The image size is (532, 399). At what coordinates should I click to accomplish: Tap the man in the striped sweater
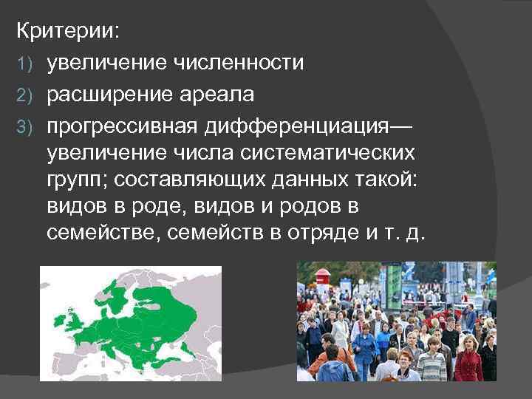click(432, 362)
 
